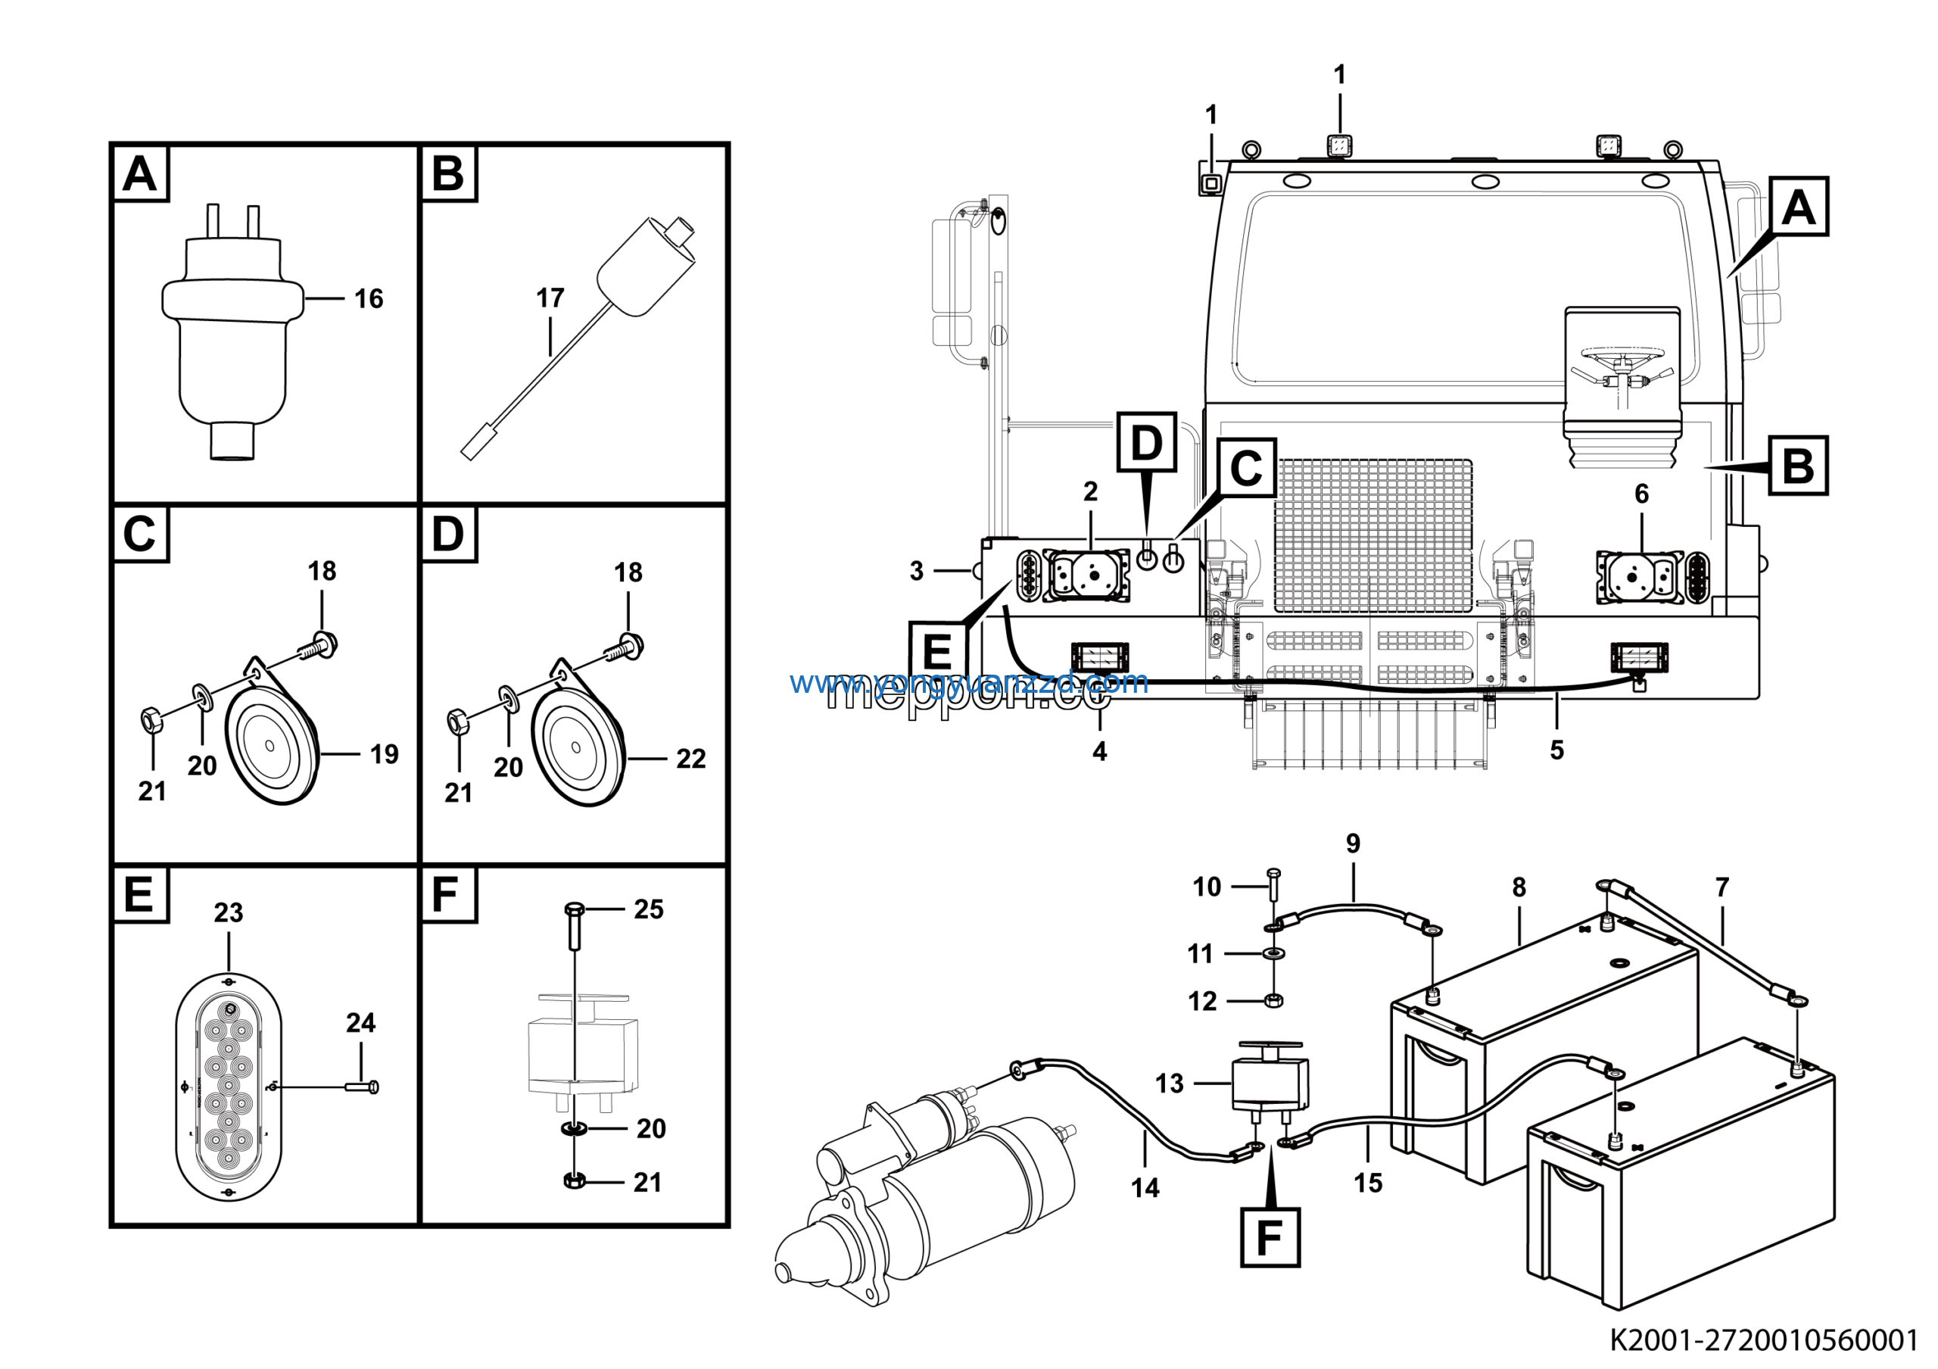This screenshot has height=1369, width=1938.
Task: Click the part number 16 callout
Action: pos(368,299)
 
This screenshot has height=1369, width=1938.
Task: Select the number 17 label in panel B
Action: pos(550,298)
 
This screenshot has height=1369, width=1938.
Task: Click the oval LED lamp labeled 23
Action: pos(229,1087)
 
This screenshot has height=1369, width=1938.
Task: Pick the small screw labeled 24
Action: pos(363,1087)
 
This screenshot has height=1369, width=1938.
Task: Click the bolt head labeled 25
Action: pos(574,910)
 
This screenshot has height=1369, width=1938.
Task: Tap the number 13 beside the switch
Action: pos(1169,1083)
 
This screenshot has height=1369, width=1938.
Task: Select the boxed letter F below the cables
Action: pos(1270,1237)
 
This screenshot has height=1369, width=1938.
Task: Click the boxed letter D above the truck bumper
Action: pos(1146,442)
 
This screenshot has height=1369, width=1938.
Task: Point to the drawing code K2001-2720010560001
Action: pos(1763,1339)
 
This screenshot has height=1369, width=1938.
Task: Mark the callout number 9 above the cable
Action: pos(1353,844)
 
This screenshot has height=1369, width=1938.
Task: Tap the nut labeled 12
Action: pos(1275,1001)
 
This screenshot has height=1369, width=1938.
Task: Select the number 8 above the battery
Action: pos(1519,887)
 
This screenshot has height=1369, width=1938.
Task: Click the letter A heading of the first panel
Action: pos(140,174)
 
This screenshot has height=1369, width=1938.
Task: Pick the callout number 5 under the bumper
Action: pos(1556,750)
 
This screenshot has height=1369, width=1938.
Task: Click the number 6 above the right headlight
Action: pos(1641,494)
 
